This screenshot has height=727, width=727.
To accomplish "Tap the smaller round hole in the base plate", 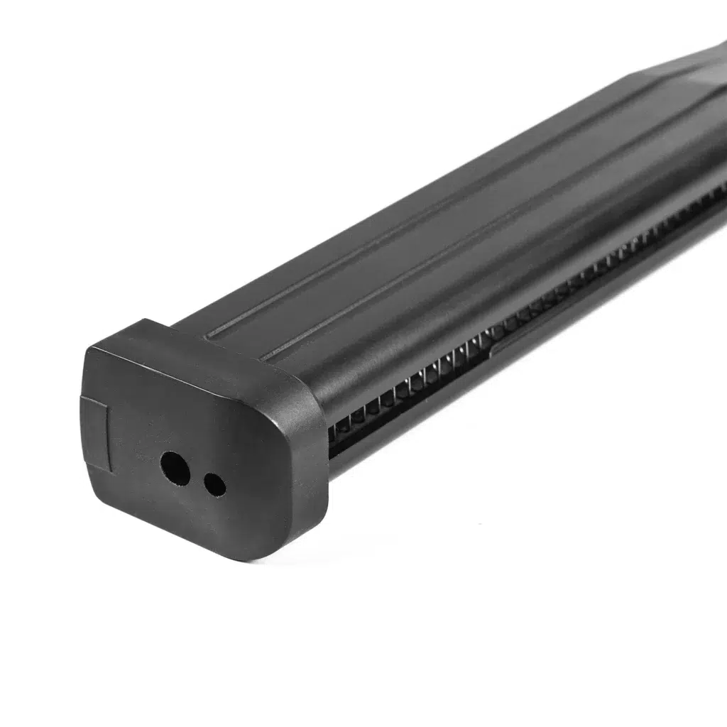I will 214,485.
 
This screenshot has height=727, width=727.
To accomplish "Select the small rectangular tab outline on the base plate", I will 95,434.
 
